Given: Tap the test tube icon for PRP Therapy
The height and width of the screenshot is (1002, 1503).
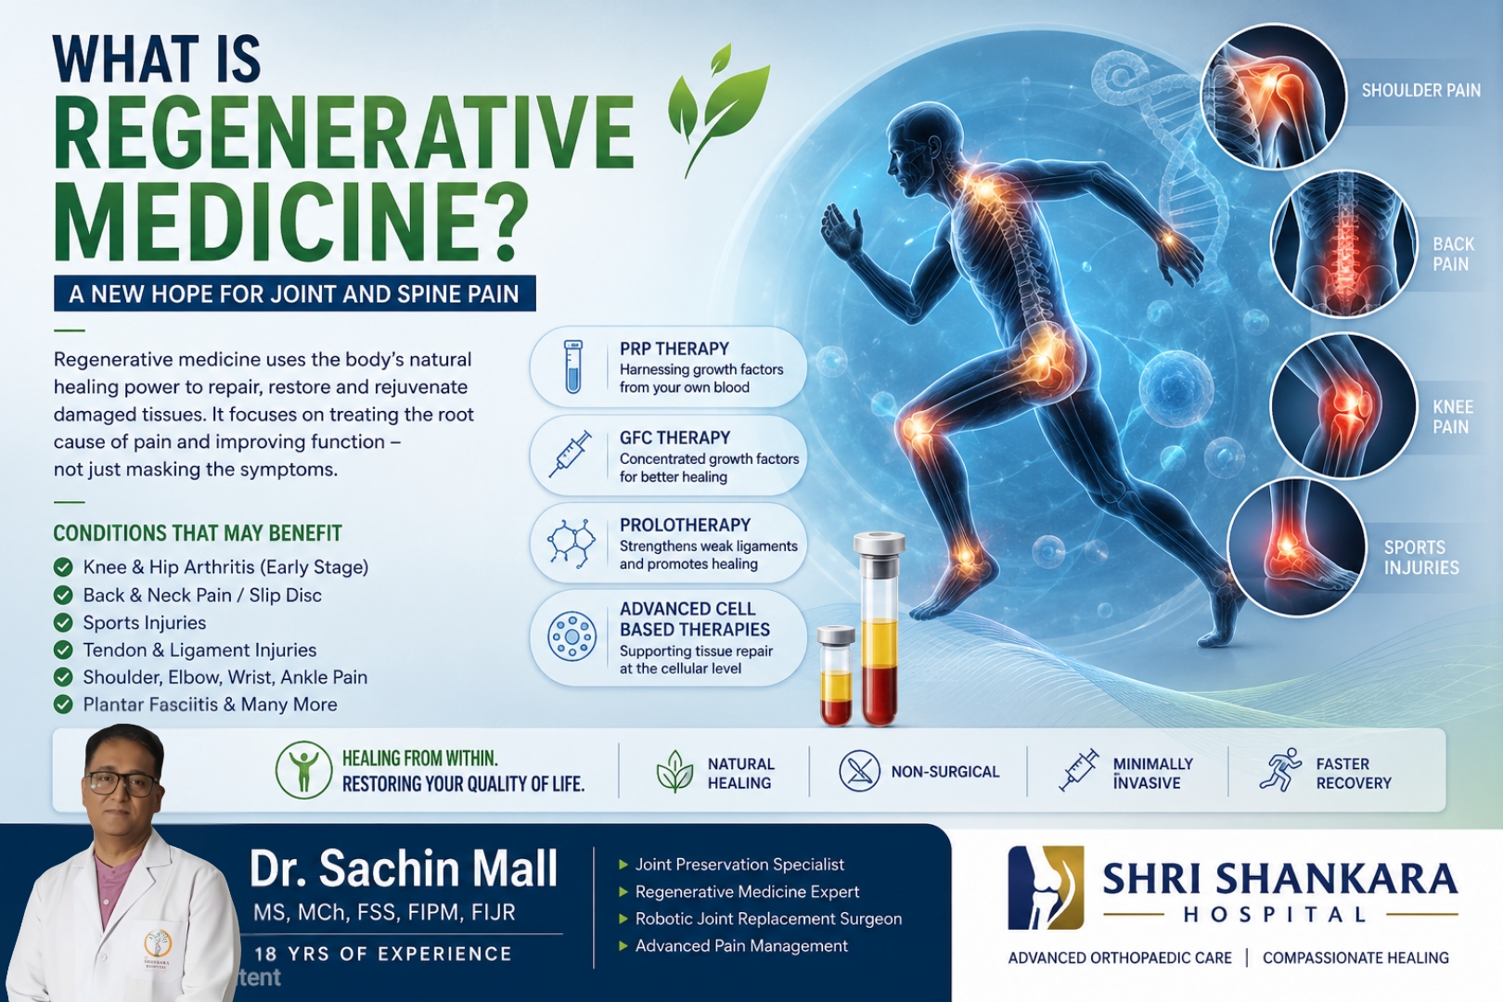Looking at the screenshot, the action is point(573,366).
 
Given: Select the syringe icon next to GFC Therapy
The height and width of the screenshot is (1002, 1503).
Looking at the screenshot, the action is point(571,454).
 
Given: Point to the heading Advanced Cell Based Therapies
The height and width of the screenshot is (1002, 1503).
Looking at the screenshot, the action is point(695,619).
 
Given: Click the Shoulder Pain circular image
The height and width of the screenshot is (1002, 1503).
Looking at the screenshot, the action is point(1273,96).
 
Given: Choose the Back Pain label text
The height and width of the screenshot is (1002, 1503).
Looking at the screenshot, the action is point(1453,254).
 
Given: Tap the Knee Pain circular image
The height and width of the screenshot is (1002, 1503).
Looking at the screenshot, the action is point(1343,405).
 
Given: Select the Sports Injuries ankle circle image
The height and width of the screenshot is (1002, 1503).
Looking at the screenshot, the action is point(1296,547).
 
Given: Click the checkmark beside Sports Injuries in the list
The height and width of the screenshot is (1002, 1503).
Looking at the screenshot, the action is point(63,623).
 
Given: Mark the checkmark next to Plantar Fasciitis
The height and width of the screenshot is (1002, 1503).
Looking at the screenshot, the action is point(63,705).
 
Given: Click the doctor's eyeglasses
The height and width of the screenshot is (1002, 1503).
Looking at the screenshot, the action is point(122,783).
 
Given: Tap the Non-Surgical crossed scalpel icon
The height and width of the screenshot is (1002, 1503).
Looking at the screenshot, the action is point(859,771).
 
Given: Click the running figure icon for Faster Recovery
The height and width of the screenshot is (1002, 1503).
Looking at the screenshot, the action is point(1280,770).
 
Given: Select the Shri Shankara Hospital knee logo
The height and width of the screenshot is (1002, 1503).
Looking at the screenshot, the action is point(1046,887).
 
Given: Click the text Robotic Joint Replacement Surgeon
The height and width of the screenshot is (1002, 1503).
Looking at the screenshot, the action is point(768,918).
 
